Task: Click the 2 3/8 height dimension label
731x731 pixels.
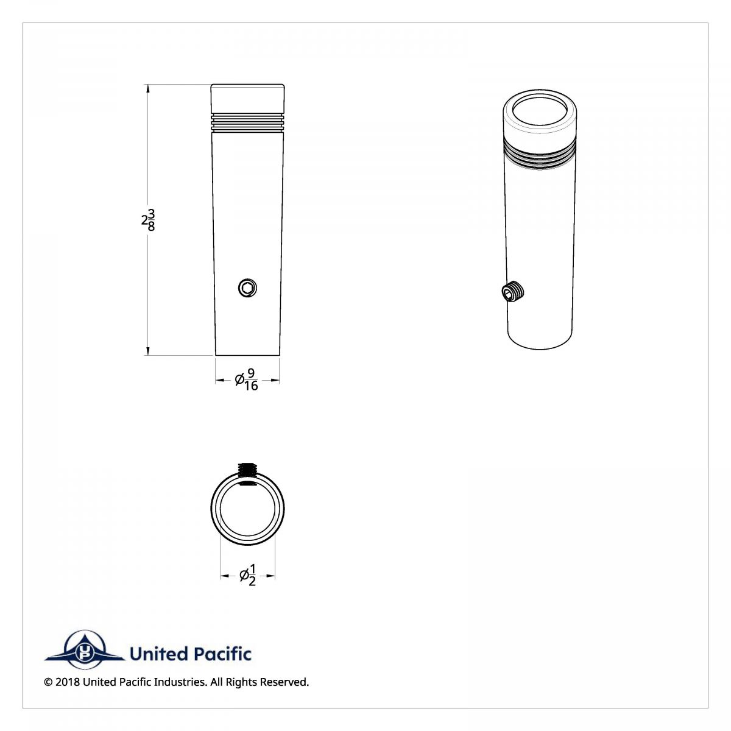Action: tap(148, 220)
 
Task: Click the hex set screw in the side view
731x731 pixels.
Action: tap(247, 288)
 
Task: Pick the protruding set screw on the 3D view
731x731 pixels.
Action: tap(513, 293)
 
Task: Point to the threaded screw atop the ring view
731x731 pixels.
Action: tap(247, 469)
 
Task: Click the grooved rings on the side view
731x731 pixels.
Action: tap(247, 122)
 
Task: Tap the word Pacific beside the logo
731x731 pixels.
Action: tap(222, 654)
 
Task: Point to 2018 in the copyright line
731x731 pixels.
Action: tap(67, 682)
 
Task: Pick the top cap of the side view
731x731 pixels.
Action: tap(247, 96)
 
